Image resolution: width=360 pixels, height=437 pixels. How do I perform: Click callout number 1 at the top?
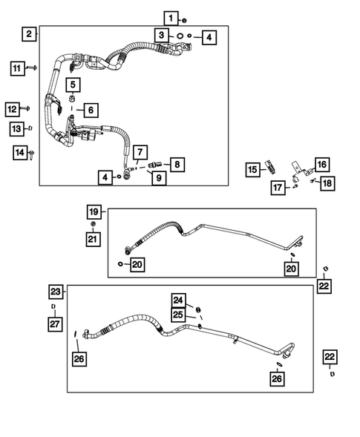[x=171, y=18]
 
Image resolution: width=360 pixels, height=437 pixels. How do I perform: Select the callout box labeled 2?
[x=28, y=33]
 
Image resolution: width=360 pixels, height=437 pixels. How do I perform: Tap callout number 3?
[x=160, y=35]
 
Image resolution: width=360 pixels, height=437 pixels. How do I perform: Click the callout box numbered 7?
[x=140, y=151]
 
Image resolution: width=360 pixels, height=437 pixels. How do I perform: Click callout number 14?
[x=20, y=153]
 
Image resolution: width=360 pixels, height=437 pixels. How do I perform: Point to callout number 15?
[x=252, y=171]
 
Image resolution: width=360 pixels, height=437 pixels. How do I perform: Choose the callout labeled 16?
[x=321, y=164]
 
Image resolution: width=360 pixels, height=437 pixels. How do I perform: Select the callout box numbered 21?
[x=92, y=238]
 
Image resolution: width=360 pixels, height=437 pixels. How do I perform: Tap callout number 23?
[x=56, y=291]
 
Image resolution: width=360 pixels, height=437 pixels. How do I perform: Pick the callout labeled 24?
[x=178, y=300]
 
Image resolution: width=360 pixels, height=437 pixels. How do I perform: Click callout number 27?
[x=53, y=324]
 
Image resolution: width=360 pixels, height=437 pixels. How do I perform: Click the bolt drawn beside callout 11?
[x=34, y=68]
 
